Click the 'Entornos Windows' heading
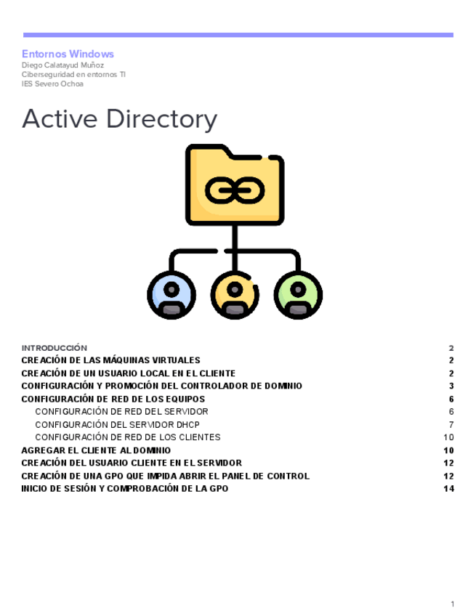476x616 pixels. tap(68, 54)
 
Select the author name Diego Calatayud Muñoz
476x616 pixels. tap(62, 65)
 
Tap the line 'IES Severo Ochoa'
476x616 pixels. tap(52, 84)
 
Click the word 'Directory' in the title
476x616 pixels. tap(161, 118)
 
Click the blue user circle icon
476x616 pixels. tap(172, 295)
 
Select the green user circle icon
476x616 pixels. tap(297, 295)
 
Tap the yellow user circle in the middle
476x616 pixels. tap(234, 295)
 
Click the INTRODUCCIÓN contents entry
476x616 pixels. tap(54, 348)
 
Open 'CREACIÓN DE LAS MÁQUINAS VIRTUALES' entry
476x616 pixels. tap(110, 360)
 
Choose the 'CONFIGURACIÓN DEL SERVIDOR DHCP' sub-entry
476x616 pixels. tap(117, 424)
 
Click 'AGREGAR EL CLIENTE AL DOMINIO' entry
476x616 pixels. tap(96, 450)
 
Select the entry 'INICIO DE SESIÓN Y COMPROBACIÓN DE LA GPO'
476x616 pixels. tap(124, 489)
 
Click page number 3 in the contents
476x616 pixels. tap(451, 386)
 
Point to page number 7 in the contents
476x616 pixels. tap(451, 424)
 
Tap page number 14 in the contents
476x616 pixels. tap(448, 489)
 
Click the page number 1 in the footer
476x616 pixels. tap(452, 604)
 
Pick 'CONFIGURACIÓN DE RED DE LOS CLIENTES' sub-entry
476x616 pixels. tap(127, 437)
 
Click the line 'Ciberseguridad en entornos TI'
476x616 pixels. tap(73, 74)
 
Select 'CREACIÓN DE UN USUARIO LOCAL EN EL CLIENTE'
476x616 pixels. tap(128, 373)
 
